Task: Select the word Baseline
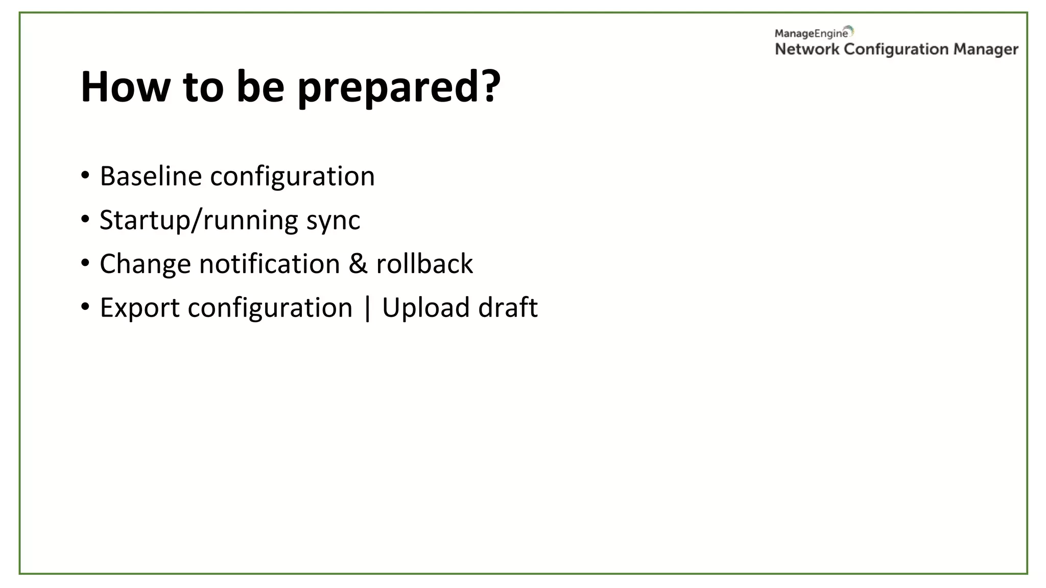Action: click(x=151, y=176)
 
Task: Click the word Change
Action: click(x=145, y=264)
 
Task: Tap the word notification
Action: click(x=269, y=264)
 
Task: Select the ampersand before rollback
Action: click(x=358, y=264)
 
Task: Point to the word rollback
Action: click(x=424, y=264)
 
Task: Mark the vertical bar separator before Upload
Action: click(x=367, y=308)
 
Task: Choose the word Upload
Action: click(x=425, y=308)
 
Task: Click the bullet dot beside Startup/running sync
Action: click(x=85, y=219)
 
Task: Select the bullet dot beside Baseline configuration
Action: click(x=85, y=176)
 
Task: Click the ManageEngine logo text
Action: click(x=811, y=34)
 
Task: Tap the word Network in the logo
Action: click(x=807, y=49)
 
